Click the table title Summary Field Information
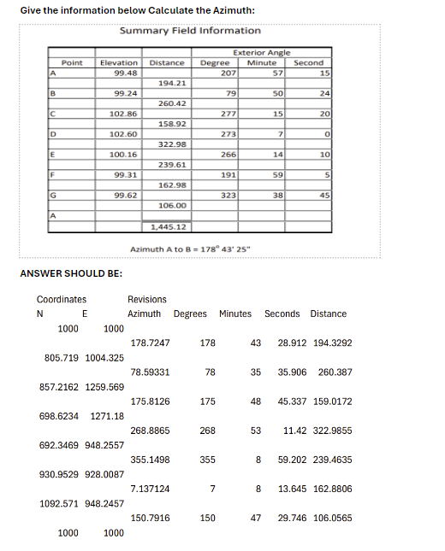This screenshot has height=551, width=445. pos(190,30)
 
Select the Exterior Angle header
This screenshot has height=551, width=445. pos(265,53)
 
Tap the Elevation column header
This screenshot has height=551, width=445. pos(119,62)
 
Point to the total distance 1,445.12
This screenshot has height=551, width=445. pos(169,227)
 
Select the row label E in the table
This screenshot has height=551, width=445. pos(52,155)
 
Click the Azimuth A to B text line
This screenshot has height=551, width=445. pos(189,249)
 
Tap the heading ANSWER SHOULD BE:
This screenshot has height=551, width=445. pos(70,273)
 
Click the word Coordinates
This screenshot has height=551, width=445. pos(61,300)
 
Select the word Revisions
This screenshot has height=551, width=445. pos(147,300)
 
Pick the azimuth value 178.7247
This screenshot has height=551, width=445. pos(150,343)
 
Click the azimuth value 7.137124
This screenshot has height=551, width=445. pos(150,489)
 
